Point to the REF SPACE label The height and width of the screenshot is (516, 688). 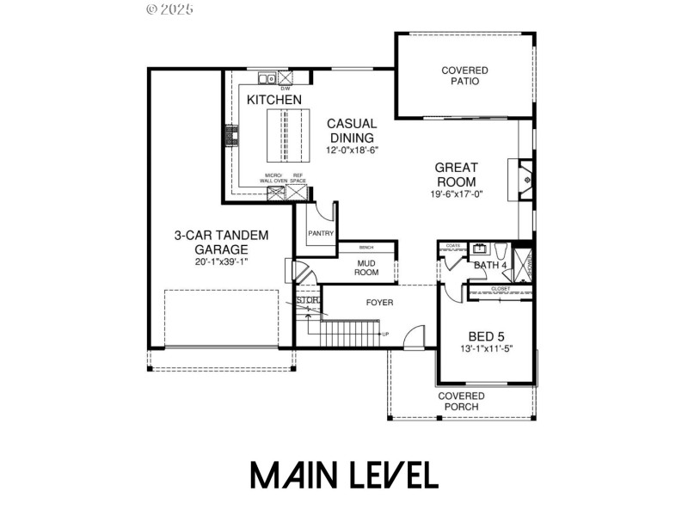tap(298, 179)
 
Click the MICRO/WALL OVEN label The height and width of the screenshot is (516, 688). tap(273, 179)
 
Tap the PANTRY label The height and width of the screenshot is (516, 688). tap(320, 233)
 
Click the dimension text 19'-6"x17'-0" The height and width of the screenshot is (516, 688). tap(457, 194)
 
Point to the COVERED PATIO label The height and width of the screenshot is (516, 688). tap(464, 76)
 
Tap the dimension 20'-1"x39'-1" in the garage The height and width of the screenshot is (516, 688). tap(222, 261)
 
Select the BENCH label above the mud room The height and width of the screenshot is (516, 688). tap(366, 247)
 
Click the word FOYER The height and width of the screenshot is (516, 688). tap(379, 303)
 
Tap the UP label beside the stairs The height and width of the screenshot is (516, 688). tap(385, 334)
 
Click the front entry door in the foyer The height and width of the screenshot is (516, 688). tap(416, 336)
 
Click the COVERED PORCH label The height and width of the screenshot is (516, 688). tap(462, 401)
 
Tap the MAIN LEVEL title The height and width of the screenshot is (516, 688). tap(344, 475)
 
